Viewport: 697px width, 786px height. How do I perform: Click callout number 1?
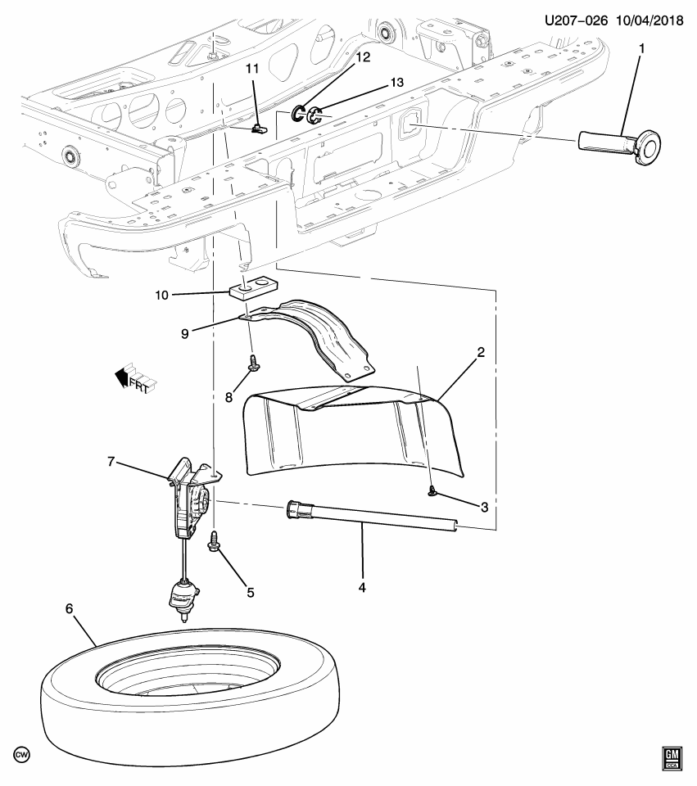click(x=641, y=48)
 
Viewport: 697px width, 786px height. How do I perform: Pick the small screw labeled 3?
click(x=432, y=490)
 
